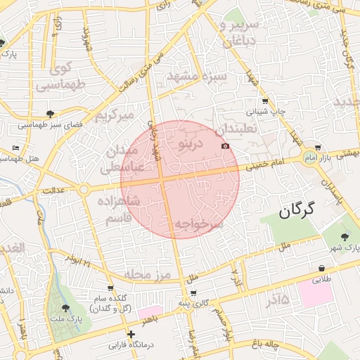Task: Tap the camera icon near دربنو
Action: pyautogui.click(x=225, y=146)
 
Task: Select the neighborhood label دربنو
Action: pyautogui.click(x=191, y=144)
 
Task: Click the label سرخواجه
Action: pyautogui.click(x=198, y=224)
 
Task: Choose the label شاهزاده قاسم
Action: pyautogui.click(x=122, y=210)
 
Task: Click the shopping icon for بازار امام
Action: pyautogui.click(x=319, y=148)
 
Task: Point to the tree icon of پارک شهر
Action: pyautogui.click(x=344, y=236)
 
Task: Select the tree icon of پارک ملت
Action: pyautogui.click(x=65, y=308)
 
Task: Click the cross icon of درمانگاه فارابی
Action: pyautogui.click(x=130, y=334)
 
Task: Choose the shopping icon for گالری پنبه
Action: pyautogui.click(x=193, y=292)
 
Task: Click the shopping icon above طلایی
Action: pyautogui.click(x=321, y=268)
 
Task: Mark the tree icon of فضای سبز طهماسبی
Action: pyautogui.click(x=50, y=113)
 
